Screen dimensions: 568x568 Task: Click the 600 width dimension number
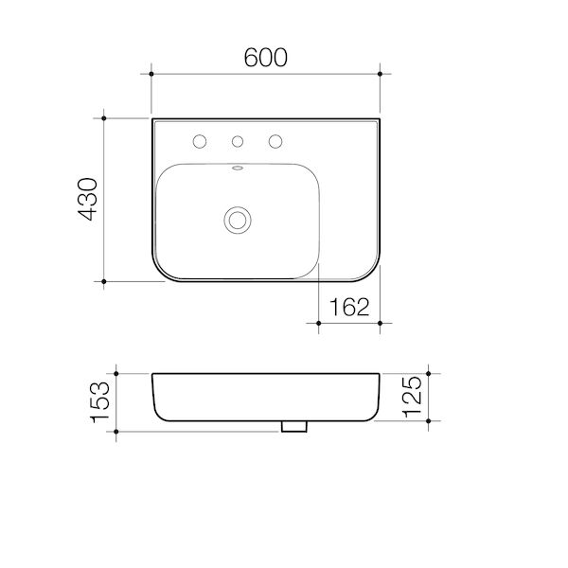265,57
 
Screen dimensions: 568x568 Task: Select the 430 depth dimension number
88,200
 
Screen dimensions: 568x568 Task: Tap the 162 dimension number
349,307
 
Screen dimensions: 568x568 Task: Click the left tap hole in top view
200,142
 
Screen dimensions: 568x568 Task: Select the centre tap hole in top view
238,142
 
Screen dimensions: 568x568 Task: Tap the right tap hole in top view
275,142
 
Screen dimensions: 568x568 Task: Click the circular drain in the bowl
237,220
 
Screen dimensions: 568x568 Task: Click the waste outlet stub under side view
294,427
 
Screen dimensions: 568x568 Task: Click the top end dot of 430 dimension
103,118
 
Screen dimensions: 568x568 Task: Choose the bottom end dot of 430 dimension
103,281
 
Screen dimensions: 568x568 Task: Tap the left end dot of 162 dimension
319,322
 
